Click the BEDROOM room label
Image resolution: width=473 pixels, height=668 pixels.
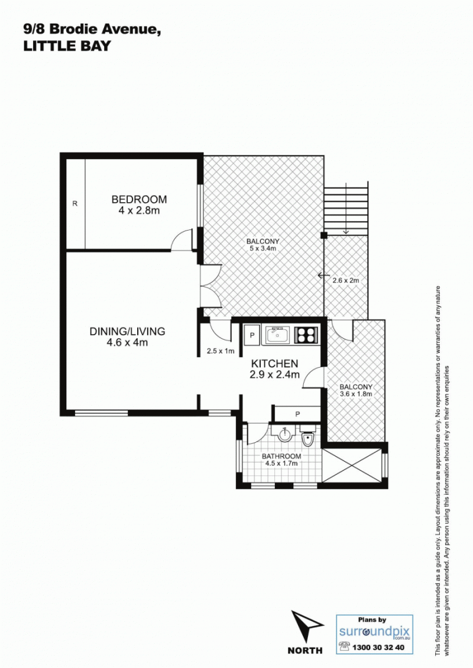pyautogui.click(x=140, y=199)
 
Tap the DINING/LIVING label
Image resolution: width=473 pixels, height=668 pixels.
pyautogui.click(x=127, y=331)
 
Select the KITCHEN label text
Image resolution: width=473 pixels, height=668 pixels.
pyautogui.click(x=274, y=364)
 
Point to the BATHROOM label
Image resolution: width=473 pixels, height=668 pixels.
pyautogui.click(x=281, y=456)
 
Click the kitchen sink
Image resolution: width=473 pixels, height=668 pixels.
pyautogui.click(x=277, y=335)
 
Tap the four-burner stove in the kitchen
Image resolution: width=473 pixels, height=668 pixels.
pyautogui.click(x=306, y=335)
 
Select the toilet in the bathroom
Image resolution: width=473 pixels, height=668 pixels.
pyautogui.click(x=307, y=436)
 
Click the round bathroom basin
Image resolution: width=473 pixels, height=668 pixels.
pyautogui.click(x=284, y=435)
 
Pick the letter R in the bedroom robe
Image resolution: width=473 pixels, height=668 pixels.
pyautogui.click(x=75, y=203)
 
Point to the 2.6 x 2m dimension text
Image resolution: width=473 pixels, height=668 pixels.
pyautogui.click(x=346, y=280)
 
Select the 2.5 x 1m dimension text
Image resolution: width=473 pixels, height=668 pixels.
pyautogui.click(x=221, y=351)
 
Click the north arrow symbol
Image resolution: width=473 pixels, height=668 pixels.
pyautogui.click(x=306, y=625)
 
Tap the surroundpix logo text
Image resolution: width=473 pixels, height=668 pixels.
pyautogui.click(x=374, y=631)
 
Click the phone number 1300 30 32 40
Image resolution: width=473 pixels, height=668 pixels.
pyautogui.click(x=378, y=647)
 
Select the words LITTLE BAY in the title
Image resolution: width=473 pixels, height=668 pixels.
pyautogui.click(x=67, y=46)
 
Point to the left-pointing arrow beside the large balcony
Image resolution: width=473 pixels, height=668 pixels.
pyautogui.click(x=323, y=275)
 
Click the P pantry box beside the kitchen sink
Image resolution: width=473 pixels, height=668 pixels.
pyautogui.click(x=252, y=335)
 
